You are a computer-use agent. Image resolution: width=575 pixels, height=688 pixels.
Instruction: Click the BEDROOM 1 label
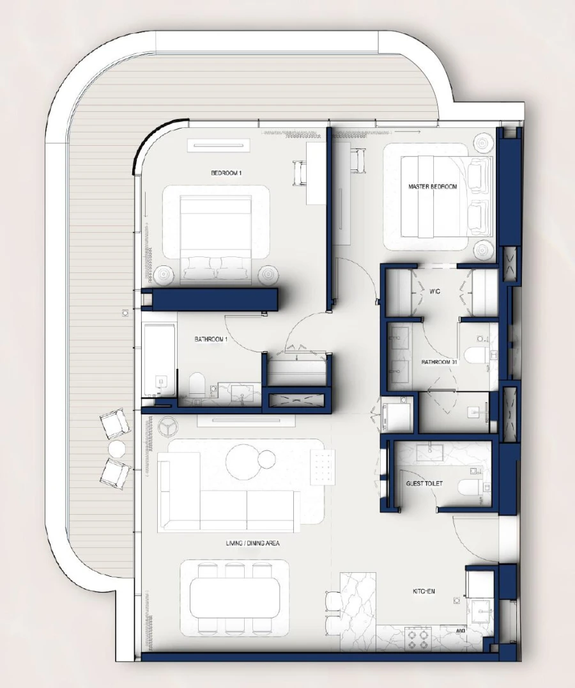tap(227, 173)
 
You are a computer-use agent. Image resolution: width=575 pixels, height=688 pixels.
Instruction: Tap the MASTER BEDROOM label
tap(433, 187)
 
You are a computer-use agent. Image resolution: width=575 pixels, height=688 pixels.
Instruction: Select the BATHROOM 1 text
tap(211, 340)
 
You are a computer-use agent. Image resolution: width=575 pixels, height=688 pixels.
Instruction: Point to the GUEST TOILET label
tap(424, 484)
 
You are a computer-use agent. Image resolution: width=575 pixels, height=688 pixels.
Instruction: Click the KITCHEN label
tap(424, 591)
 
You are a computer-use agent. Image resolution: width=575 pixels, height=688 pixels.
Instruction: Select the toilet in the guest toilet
tap(470, 489)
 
